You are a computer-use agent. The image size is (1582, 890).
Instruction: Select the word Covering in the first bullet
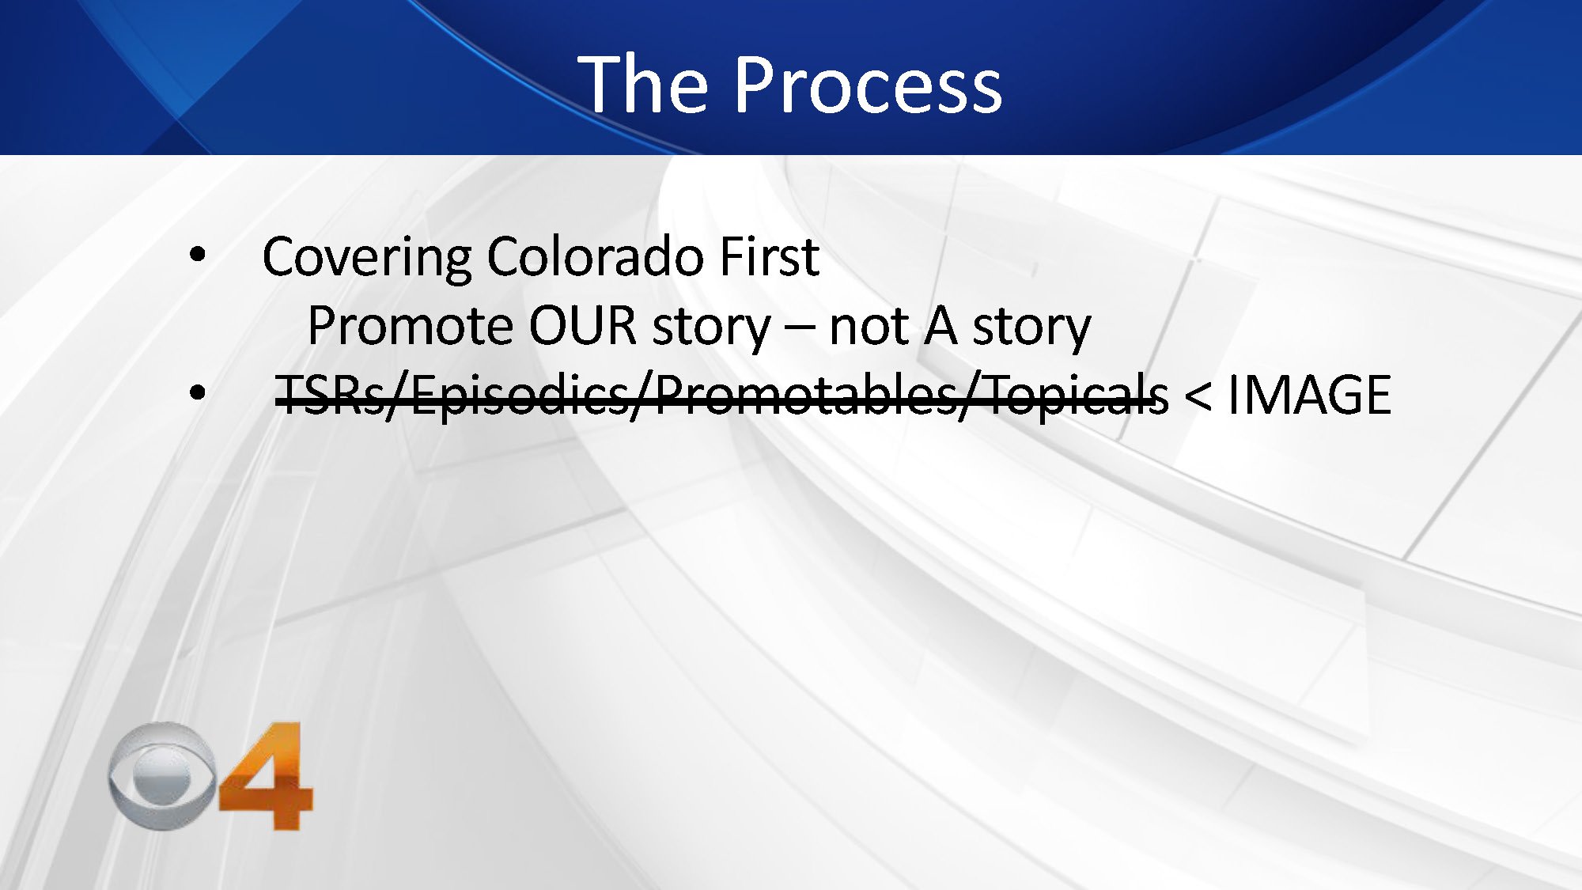point(366,259)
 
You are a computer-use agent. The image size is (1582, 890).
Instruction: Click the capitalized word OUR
point(583,326)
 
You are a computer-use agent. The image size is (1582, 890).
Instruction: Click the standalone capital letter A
point(939,326)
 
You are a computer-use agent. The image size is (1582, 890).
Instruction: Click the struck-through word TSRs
point(329,396)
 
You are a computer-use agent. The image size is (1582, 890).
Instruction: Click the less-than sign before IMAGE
point(1198,396)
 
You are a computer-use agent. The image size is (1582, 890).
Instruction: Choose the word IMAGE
point(1310,396)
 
